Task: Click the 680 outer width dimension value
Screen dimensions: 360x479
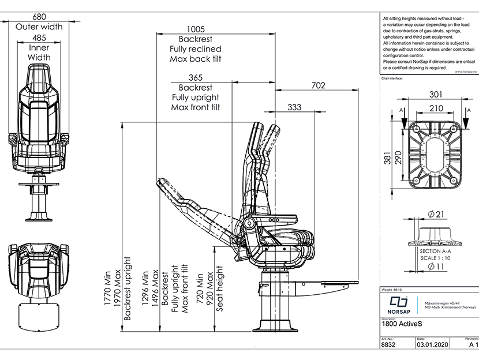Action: pyautogui.click(x=39, y=17)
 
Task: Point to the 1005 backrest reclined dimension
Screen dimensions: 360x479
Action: pyautogui.click(x=196, y=29)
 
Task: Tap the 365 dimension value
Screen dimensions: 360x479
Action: pyautogui.click(x=196, y=77)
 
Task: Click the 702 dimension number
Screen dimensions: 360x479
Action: pyautogui.click(x=318, y=85)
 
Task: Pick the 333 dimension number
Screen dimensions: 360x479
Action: pyautogui.click(x=294, y=107)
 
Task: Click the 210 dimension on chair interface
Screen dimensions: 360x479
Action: pyautogui.click(x=436, y=107)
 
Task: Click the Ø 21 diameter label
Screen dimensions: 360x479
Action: pyautogui.click(x=435, y=215)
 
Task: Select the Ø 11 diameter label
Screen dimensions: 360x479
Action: pyautogui.click(x=435, y=267)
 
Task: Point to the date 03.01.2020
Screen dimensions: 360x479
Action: pyautogui.click(x=431, y=346)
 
